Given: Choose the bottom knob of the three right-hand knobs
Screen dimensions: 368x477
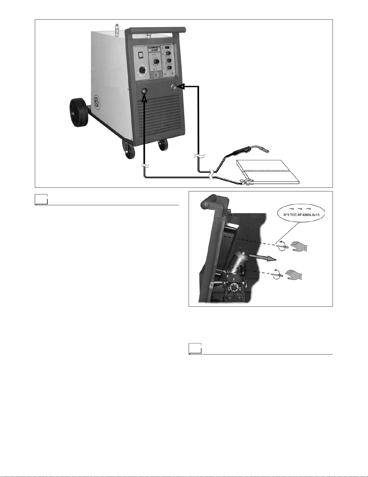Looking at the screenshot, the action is click(x=169, y=68).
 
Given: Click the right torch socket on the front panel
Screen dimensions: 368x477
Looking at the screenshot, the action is click(x=173, y=87).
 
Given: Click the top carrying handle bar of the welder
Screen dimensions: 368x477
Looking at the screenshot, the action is click(x=156, y=30).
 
